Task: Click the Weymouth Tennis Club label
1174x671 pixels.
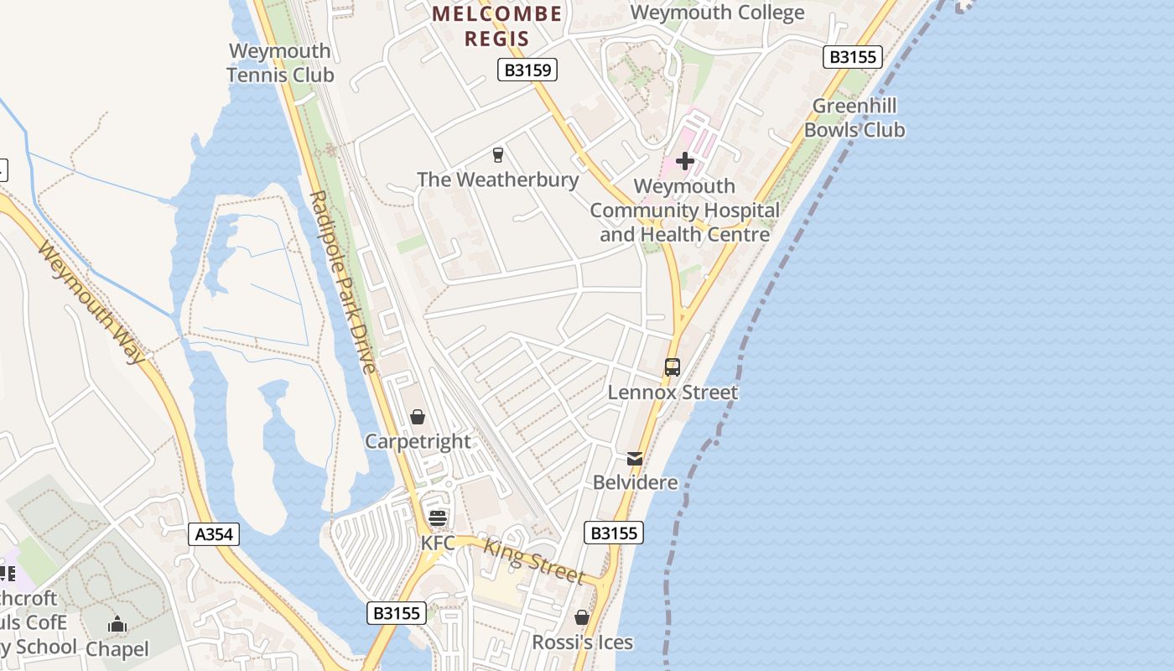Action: tap(280, 63)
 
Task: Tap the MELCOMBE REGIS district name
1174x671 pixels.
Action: tap(497, 26)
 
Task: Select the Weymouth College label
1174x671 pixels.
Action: tap(717, 13)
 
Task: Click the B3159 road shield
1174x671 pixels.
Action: tap(528, 70)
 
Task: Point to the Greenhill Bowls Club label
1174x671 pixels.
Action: tap(855, 117)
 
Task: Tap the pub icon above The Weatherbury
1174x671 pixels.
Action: tap(498, 154)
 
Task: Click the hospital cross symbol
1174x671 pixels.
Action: tap(685, 160)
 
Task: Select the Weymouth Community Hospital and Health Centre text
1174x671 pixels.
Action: tap(685, 211)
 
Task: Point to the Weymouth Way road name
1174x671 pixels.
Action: tap(91, 303)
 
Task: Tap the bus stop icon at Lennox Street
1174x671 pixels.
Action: tap(673, 367)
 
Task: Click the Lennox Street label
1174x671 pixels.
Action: tap(673, 392)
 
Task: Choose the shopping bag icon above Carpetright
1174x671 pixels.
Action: tap(418, 417)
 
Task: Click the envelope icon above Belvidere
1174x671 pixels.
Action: tap(635, 459)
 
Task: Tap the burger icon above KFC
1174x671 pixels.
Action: tap(438, 518)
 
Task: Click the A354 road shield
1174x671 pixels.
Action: tap(214, 534)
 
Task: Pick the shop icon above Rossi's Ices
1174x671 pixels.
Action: tap(582, 617)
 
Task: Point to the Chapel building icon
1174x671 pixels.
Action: tap(117, 624)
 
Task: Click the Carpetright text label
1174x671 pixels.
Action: tap(418, 441)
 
